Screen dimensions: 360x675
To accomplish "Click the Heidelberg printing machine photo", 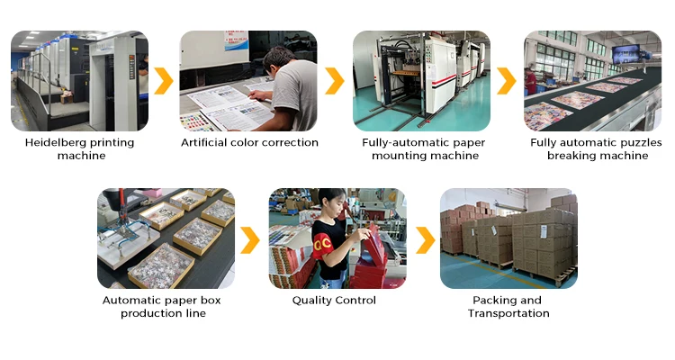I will click(79, 81).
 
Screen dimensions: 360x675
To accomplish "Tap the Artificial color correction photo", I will click(248, 81).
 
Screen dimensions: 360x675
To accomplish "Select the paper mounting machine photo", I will click(421, 81).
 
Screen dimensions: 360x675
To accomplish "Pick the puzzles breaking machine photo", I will click(594, 81).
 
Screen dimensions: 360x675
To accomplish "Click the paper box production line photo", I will click(166, 238).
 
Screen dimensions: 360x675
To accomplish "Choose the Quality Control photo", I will click(337, 238).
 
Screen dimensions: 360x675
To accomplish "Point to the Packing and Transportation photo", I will click(508, 238).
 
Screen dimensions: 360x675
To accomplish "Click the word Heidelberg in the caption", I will click(57, 142).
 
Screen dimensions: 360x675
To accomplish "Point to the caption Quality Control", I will click(334, 300).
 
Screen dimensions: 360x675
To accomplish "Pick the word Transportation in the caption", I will click(508, 313).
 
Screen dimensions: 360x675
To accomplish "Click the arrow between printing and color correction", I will click(164, 81).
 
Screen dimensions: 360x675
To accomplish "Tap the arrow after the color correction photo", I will click(335, 81).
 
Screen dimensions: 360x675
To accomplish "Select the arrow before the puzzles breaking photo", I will click(507, 81).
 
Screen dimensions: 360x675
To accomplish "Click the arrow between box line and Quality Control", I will click(250, 239).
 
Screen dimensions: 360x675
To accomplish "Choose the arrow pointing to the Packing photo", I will click(422, 239).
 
